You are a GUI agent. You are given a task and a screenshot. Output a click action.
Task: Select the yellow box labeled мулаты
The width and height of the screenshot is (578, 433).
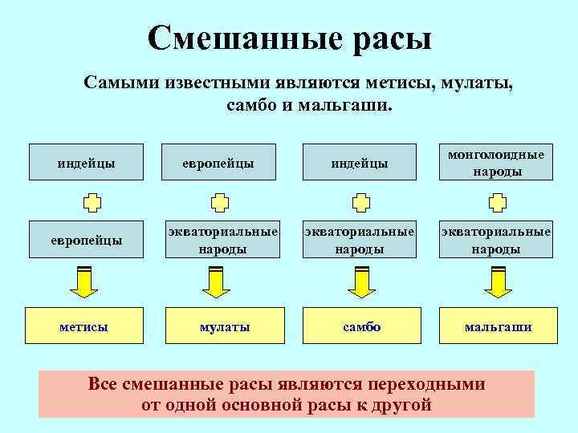(224, 326)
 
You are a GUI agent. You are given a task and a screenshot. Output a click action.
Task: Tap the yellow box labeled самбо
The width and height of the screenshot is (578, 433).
(361, 326)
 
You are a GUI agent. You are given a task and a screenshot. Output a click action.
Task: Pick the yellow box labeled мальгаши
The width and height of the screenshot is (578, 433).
(497, 326)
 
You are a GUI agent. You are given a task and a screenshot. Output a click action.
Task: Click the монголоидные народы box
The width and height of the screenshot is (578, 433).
(496, 163)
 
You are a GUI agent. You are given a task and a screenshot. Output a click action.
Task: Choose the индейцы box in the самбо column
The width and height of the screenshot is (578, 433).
(360, 164)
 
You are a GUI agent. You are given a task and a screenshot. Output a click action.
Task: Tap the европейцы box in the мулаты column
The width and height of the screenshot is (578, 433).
(224, 164)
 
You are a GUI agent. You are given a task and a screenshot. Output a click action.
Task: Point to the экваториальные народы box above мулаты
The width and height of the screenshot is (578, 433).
(224, 240)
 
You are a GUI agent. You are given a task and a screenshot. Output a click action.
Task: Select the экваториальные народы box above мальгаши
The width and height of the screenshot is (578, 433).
(496, 240)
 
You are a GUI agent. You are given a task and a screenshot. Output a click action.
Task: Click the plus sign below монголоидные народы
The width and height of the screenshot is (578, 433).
(497, 200)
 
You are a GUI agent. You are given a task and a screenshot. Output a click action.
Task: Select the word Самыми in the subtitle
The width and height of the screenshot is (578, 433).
(121, 84)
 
